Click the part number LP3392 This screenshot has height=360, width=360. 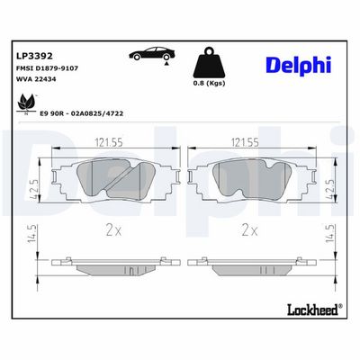[34, 56]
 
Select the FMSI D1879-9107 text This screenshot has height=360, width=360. [47, 68]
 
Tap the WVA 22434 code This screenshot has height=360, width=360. [36, 79]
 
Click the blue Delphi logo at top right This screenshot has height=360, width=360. [299, 66]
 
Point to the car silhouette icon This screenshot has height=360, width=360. [152, 53]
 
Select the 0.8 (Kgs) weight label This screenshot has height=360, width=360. [209, 84]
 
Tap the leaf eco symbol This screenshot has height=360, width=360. [27, 103]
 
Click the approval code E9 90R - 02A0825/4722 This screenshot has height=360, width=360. [82, 113]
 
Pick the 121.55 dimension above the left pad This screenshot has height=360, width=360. [109, 142]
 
